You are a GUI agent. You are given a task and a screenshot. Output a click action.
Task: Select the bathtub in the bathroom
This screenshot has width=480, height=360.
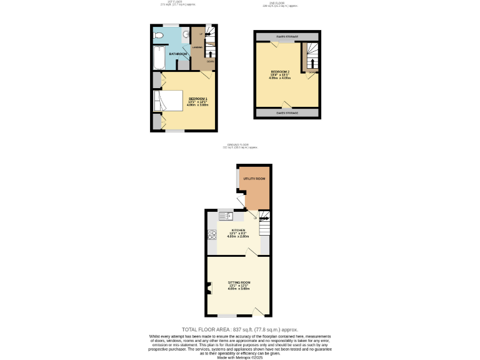(159, 57)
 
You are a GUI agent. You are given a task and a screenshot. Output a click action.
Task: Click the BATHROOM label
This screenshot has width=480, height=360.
(179, 54)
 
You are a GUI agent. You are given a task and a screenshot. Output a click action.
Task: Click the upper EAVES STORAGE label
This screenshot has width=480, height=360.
(287, 37)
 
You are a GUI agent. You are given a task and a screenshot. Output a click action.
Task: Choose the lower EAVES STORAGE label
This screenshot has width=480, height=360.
(287, 113)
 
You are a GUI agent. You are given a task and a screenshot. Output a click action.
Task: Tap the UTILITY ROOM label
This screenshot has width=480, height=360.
(254, 179)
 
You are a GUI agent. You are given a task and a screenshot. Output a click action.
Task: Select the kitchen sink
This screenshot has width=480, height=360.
(225, 216)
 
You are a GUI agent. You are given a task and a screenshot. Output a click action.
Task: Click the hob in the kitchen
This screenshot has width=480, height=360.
(212, 236)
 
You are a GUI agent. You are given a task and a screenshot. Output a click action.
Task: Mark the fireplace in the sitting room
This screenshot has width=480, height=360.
(208, 287)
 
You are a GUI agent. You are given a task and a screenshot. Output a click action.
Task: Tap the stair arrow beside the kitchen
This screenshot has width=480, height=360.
(265, 218)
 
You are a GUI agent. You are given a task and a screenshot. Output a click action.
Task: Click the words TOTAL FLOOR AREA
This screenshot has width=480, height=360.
(206, 329)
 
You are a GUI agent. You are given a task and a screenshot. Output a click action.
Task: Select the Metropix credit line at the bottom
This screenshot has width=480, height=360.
(240, 357)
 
